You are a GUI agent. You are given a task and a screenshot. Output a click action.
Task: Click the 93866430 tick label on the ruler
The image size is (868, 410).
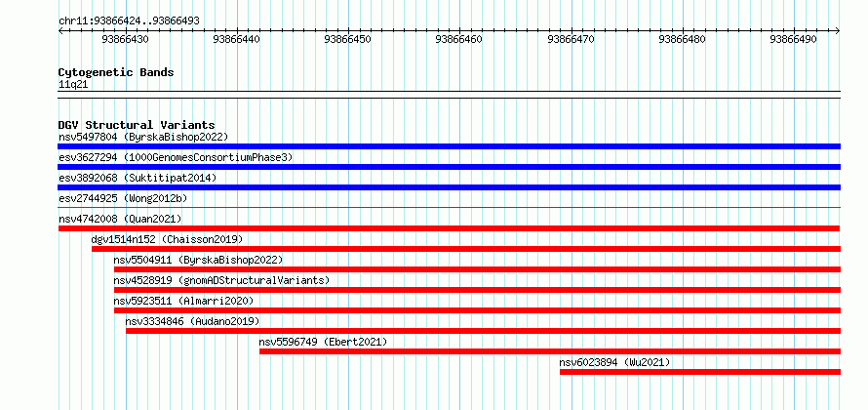125,39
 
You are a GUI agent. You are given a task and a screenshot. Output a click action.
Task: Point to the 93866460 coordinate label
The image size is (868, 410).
459,39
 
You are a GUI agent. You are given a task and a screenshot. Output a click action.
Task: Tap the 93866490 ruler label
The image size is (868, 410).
793,39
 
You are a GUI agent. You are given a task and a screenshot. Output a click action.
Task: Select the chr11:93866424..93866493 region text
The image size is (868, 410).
129,21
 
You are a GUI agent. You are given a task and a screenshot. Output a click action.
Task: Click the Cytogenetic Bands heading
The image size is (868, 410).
116,72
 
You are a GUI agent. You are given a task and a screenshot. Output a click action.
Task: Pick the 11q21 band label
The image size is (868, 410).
73,85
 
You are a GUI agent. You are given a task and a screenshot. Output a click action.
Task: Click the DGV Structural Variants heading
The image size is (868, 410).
137,125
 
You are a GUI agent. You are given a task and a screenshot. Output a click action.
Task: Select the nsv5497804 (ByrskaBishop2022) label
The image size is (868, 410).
143,137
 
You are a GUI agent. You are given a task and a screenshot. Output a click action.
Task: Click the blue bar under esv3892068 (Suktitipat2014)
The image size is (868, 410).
449,187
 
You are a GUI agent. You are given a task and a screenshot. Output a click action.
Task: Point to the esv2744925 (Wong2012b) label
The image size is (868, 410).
127,198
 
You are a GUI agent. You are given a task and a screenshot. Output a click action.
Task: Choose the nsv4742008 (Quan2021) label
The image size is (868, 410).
120,219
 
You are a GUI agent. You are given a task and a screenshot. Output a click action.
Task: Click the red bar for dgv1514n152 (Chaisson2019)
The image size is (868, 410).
466,249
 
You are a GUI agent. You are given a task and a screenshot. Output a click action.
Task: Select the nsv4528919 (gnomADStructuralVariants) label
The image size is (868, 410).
221,280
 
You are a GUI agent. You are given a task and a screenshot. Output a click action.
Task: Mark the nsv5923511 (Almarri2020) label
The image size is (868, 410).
183,301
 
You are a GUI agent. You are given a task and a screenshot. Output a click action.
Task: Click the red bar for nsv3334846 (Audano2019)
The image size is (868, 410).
484,331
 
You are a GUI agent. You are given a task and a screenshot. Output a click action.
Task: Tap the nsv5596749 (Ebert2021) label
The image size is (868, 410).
323,342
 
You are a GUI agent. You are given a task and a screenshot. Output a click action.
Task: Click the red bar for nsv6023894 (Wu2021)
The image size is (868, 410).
700,372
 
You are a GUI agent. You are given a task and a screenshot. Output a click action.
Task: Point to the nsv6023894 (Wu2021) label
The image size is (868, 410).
614,362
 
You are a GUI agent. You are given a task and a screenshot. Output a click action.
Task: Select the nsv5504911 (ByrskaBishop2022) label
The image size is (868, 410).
198,260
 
